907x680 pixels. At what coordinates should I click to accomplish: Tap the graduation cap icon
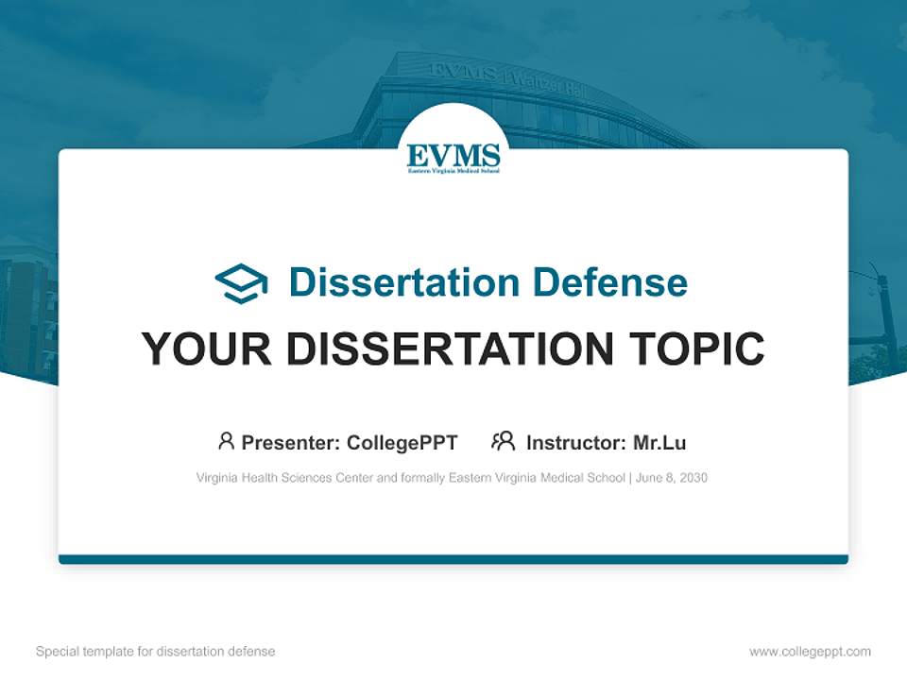point(241,283)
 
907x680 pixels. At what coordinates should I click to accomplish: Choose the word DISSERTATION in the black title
point(450,349)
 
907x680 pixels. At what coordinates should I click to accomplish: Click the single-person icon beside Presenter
point(226,441)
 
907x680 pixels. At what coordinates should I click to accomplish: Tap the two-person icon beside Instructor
point(503,441)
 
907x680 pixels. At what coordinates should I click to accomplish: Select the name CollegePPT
point(402,442)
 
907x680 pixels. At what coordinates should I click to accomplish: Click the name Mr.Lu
point(659,442)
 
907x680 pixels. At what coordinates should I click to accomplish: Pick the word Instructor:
point(575,442)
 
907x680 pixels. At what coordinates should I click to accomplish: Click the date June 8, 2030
point(672,478)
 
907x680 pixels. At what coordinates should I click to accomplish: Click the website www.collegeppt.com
point(810,652)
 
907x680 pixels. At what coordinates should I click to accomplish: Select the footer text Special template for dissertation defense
point(155,652)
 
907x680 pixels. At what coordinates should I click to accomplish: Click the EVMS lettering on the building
point(463,72)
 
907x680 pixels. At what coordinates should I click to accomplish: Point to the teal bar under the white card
point(453,559)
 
